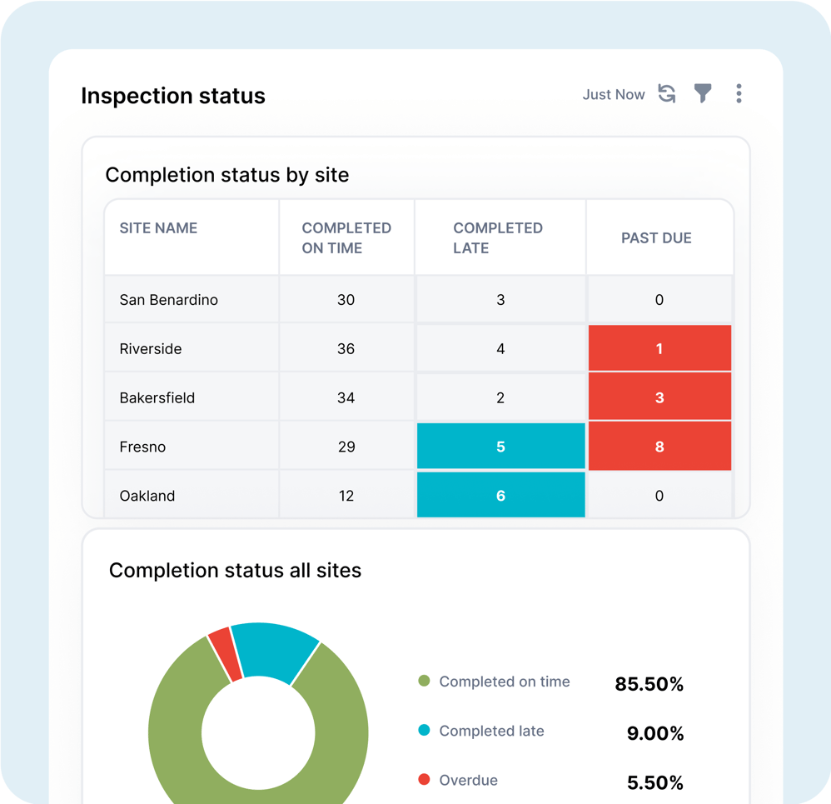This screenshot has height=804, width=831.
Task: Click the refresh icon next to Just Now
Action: point(667,93)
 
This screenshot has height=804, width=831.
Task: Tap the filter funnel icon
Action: point(704,93)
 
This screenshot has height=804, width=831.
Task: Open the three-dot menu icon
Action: point(739,93)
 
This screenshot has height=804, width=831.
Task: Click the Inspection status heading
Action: point(173,96)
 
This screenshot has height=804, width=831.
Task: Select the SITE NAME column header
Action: point(158,227)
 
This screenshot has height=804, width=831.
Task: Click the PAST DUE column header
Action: point(656,238)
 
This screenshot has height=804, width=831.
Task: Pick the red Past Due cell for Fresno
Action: point(659,447)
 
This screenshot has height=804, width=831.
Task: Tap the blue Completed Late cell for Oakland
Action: point(500,495)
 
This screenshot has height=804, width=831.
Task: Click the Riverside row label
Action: point(151,349)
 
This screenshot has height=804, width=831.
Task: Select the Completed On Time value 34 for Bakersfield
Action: point(346,398)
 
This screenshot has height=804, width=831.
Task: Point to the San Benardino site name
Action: point(169,300)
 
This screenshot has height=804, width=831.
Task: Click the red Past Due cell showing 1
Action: point(659,348)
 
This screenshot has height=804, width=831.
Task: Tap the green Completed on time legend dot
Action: point(424,682)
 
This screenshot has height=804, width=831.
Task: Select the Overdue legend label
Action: point(468,781)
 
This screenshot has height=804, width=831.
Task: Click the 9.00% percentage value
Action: point(654,733)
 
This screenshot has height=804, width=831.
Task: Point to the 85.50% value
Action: point(649,684)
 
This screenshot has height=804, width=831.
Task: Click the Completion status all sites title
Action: point(236,571)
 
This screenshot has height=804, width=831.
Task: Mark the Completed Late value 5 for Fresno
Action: point(500,447)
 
